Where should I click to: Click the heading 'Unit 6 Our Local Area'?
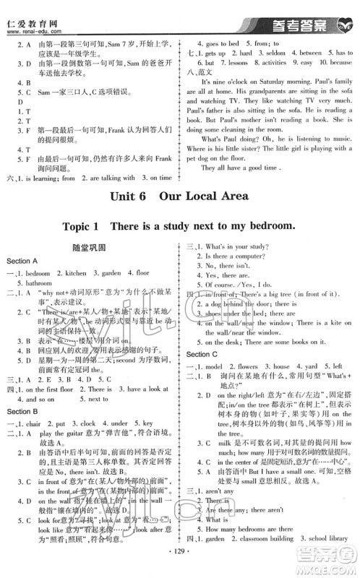pyautogui.click(x=179, y=197)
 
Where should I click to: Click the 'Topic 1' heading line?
pyautogui.click(x=179, y=226)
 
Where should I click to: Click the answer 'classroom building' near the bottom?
pyautogui.click(x=263, y=539)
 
